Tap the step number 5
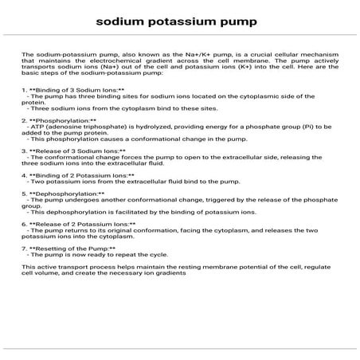coord(24,194)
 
